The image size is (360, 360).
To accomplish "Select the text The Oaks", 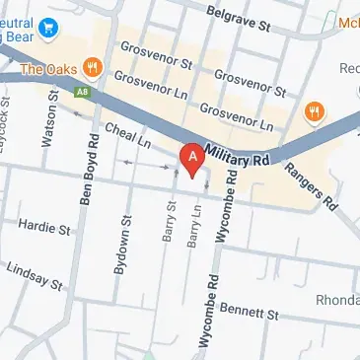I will pos(47,69).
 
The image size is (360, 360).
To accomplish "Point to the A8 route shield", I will pos(80,91).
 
